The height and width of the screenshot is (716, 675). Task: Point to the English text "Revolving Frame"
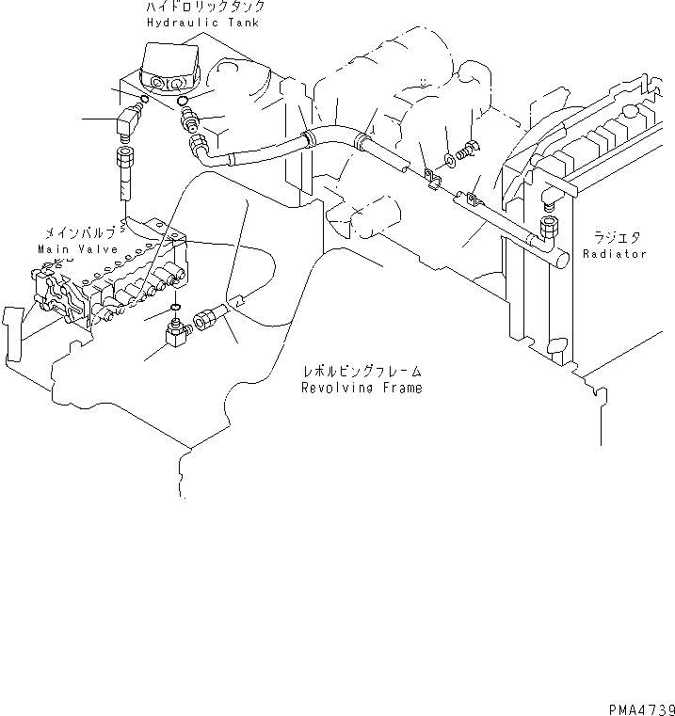coord(362,388)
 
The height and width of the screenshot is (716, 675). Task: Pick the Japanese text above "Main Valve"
coord(79,232)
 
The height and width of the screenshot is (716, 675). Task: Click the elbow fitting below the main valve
coord(176,331)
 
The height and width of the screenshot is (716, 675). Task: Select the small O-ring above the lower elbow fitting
coord(176,309)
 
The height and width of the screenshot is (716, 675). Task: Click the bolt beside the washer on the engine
coord(466,150)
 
